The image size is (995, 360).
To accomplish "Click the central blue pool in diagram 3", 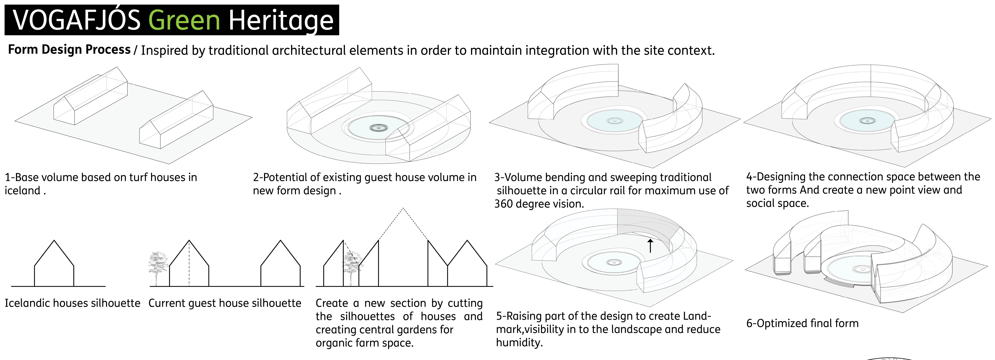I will (614, 121).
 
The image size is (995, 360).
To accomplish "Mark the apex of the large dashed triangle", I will (403, 209).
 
